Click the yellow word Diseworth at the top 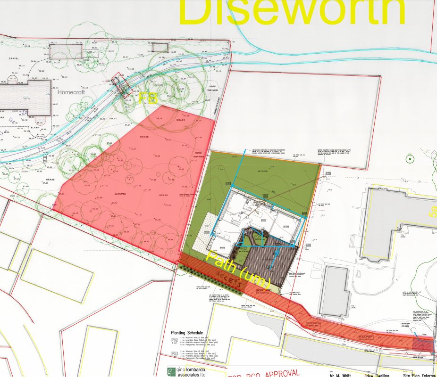(x=293, y=12)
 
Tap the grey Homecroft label (x=71, y=93)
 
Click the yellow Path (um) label (x=238, y=270)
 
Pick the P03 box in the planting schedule (x=174, y=352)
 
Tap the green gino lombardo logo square (x=170, y=372)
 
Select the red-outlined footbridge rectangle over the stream (x=121, y=87)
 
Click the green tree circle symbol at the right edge (x=410, y=159)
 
